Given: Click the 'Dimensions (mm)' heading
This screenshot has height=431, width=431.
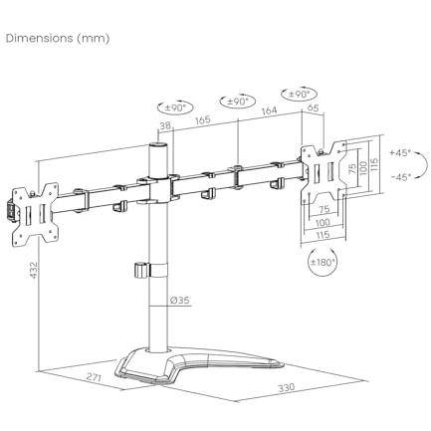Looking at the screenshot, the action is (x=58, y=39).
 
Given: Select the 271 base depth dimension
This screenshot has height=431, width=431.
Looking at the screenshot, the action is (x=95, y=377).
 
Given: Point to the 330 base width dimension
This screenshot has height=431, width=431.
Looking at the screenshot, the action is (x=286, y=387).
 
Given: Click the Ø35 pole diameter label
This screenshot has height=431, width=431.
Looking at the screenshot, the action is (x=179, y=301).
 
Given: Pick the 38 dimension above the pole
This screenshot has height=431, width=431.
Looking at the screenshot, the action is (x=165, y=125).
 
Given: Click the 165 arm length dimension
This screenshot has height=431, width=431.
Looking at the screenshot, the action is (x=203, y=119).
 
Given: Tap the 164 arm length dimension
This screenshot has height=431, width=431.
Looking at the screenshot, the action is (x=269, y=110).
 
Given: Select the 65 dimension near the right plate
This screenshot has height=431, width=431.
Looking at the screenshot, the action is (x=314, y=108).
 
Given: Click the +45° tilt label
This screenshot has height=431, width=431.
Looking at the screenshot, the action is (x=400, y=153).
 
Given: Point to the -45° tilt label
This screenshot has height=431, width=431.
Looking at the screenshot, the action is (x=401, y=177).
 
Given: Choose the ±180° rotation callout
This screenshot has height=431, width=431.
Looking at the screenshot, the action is (x=323, y=263).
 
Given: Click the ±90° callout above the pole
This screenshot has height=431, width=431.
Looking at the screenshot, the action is (x=175, y=108).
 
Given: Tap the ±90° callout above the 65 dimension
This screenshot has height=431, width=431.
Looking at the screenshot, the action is (x=299, y=95).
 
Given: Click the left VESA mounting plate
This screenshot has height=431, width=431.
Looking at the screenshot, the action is (x=36, y=214).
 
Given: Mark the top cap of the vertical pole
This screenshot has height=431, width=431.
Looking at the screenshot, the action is (x=158, y=145).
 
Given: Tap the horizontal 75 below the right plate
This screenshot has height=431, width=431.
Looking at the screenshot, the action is (x=323, y=209).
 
